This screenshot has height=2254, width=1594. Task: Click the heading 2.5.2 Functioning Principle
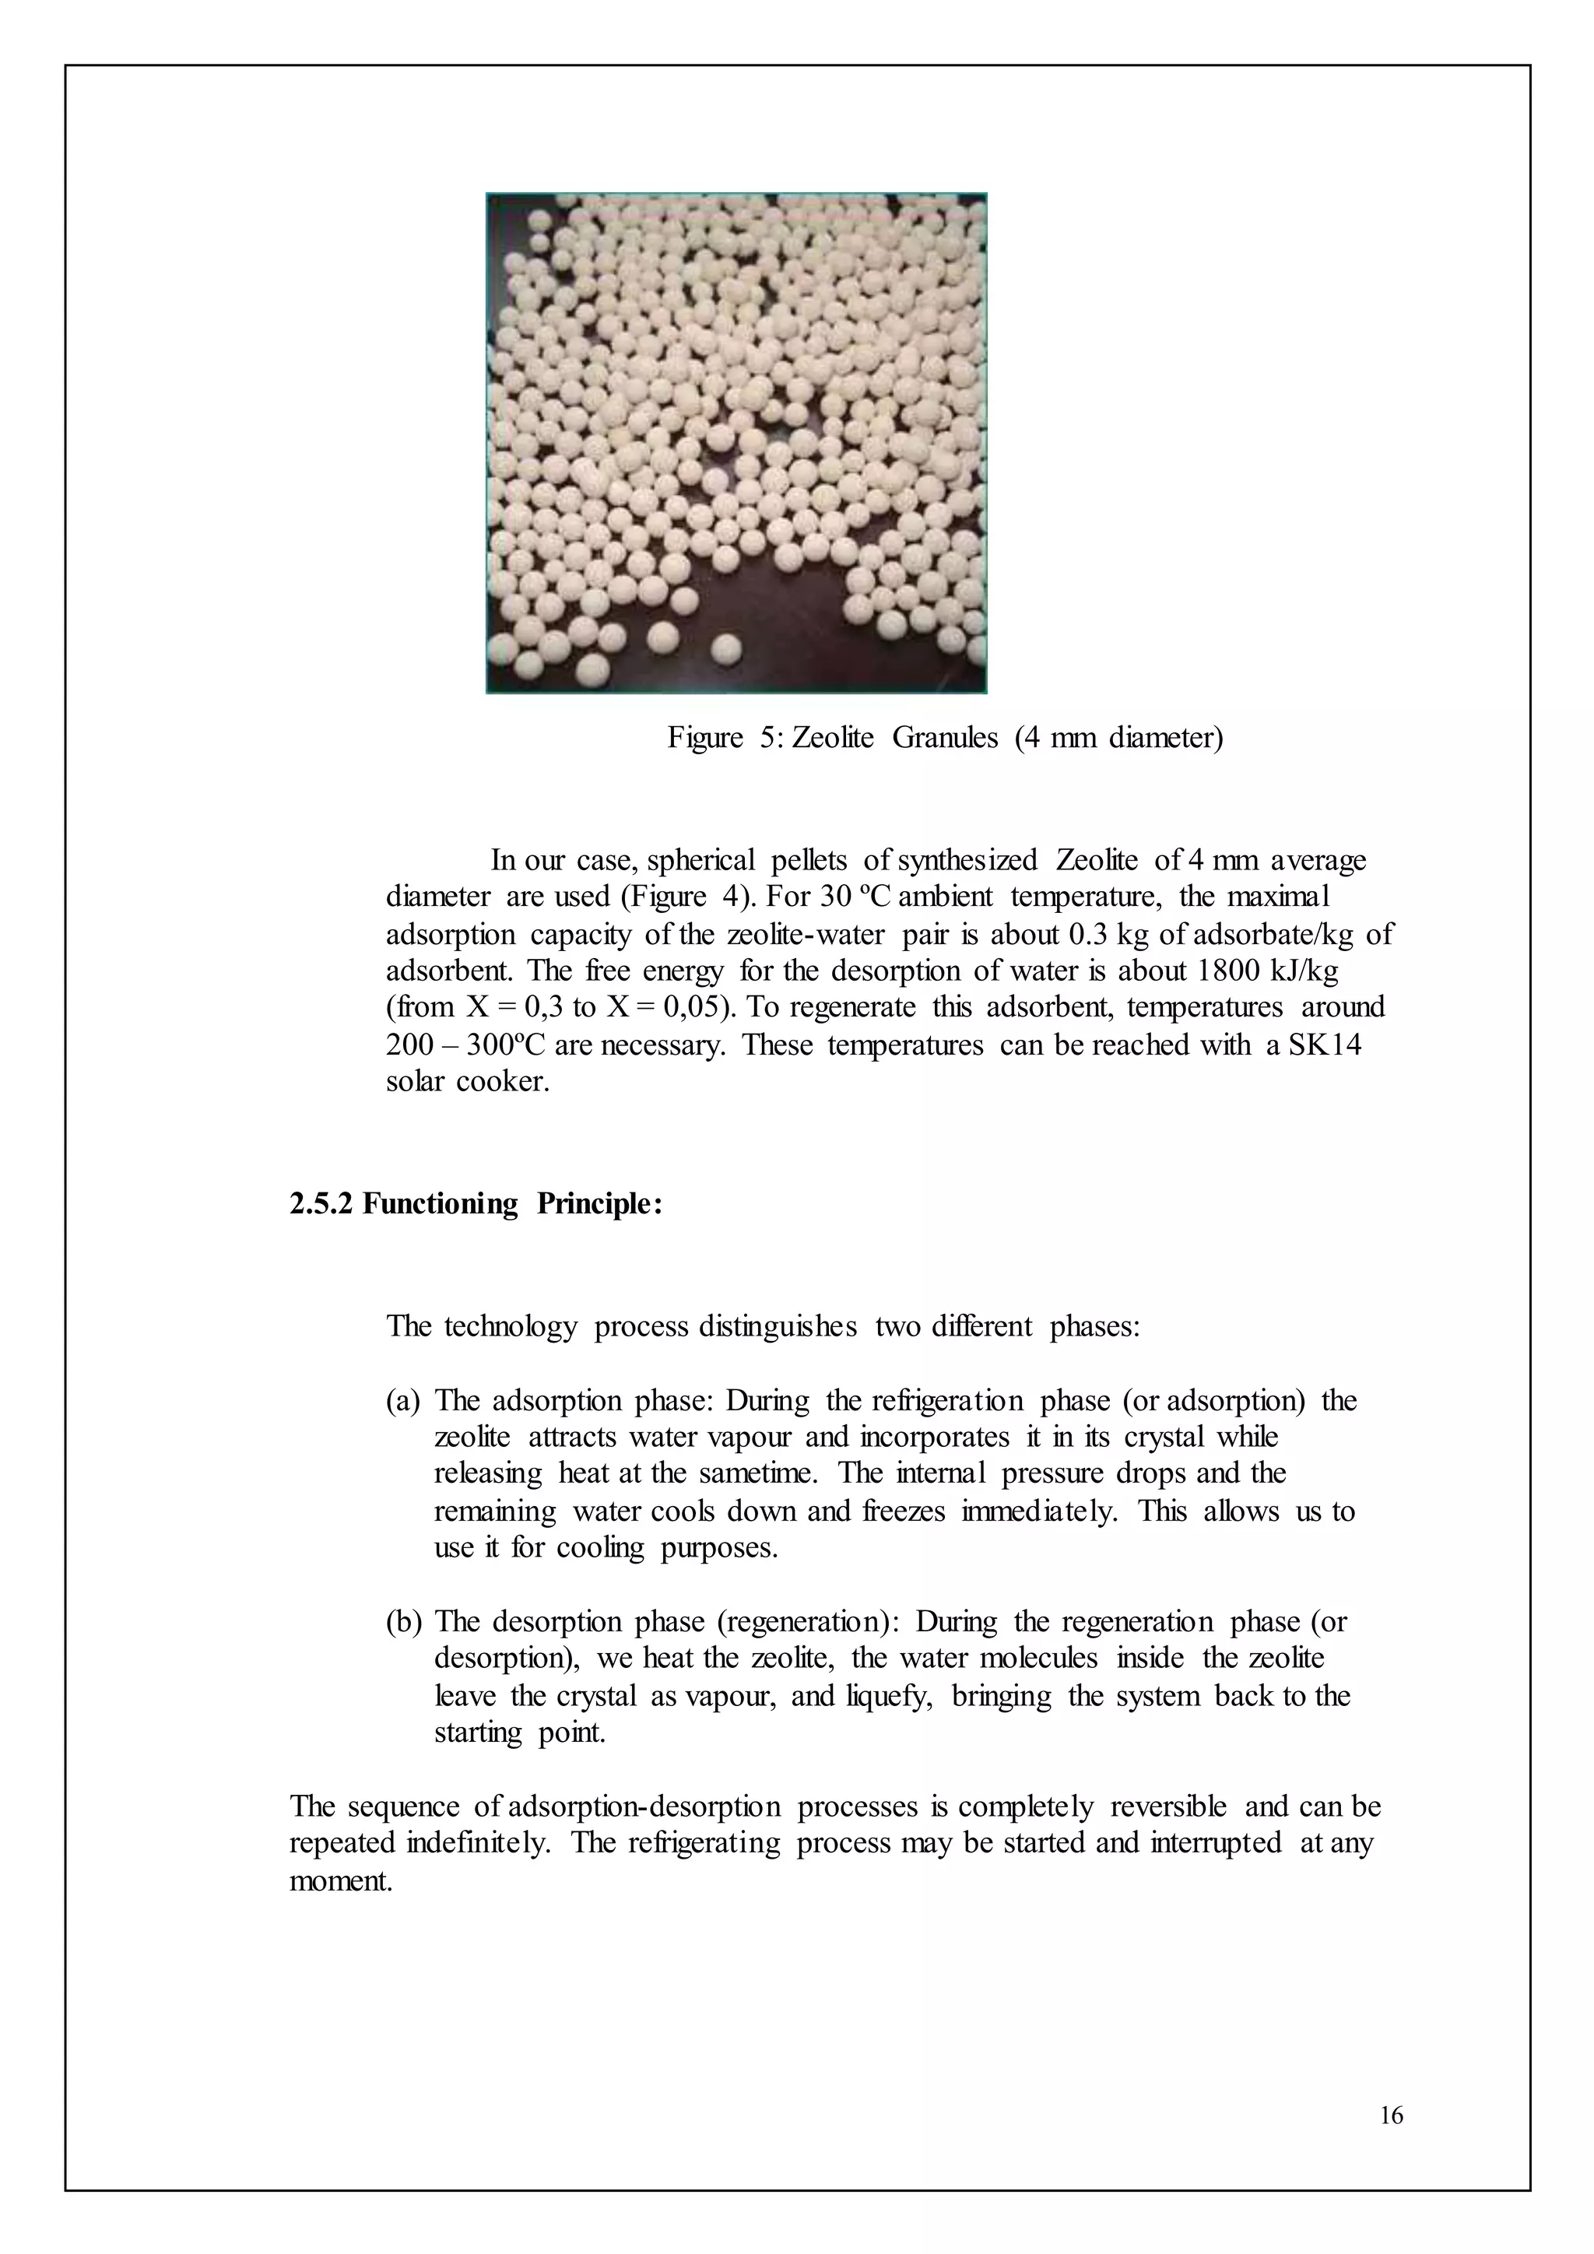tap(476, 1205)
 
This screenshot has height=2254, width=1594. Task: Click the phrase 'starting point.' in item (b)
tap(519, 1733)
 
